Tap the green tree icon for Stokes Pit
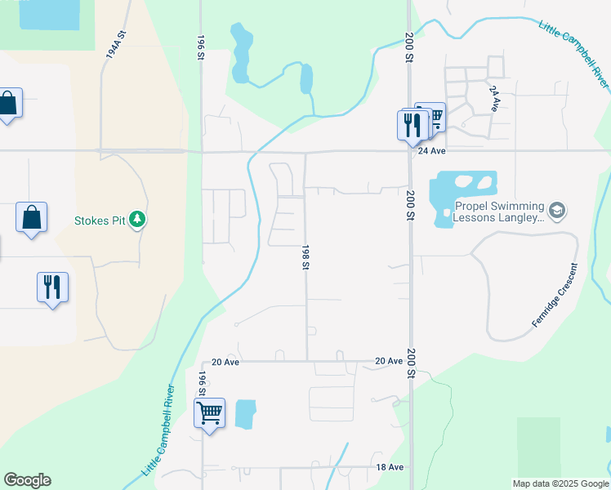pos(137,220)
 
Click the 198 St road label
pos(305,256)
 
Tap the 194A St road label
pos(115,44)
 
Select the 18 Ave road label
pos(390,467)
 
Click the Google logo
pos(27,480)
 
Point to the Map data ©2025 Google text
pos(560,483)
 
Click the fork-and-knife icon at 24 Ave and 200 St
pos(412,124)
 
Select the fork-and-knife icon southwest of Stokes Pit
pos(53,287)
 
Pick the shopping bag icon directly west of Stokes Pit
pos(31,217)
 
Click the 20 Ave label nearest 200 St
pos(390,361)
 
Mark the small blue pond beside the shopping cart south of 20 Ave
pos(245,414)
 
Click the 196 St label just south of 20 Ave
pos(202,383)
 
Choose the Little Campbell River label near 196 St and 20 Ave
pos(160,430)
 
